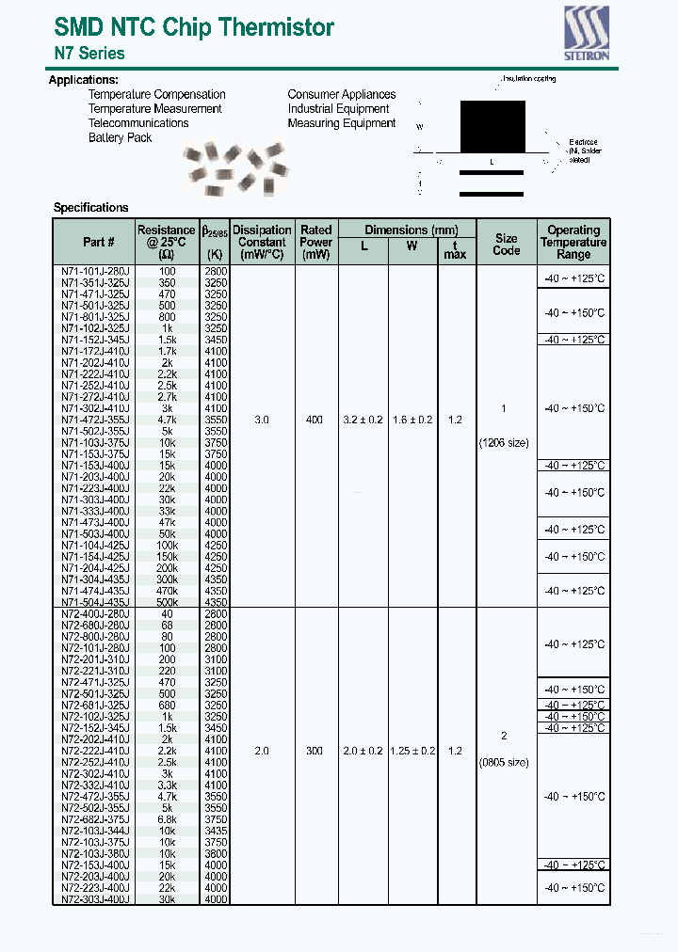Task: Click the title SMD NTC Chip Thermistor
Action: click(x=194, y=27)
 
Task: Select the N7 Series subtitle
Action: click(x=89, y=54)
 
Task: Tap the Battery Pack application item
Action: click(x=120, y=137)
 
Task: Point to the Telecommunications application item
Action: click(x=138, y=123)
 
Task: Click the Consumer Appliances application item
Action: click(x=341, y=94)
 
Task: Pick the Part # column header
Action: click(x=98, y=242)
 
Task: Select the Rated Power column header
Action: click(x=315, y=236)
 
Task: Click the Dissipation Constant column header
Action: click(x=262, y=242)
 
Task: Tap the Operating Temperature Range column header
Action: click(x=573, y=242)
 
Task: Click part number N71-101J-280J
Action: click(x=95, y=271)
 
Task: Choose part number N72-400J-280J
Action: click(x=95, y=613)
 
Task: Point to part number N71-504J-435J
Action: click(x=95, y=602)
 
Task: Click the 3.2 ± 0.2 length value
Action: click(x=363, y=420)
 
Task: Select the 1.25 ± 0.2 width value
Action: click(x=412, y=752)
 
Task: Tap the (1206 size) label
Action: click(x=506, y=442)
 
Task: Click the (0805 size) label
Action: click(x=506, y=762)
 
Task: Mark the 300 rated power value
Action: click(x=315, y=752)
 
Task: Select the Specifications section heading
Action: click(x=90, y=208)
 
